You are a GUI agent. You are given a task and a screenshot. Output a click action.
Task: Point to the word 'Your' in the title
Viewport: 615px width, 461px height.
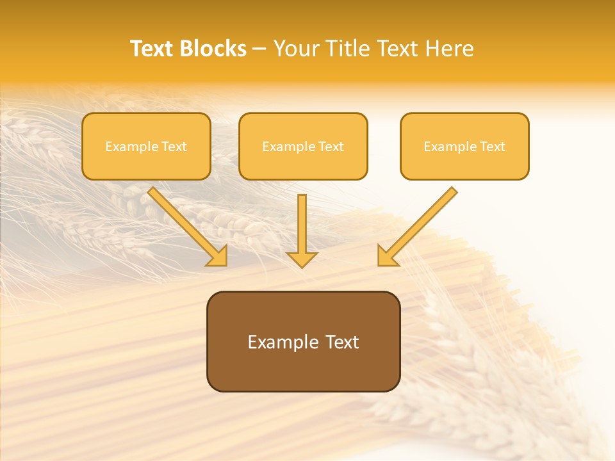(295, 49)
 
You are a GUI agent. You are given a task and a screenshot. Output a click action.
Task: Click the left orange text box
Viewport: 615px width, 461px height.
(146, 146)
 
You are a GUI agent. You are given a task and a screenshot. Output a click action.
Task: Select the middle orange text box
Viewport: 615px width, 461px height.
(303, 146)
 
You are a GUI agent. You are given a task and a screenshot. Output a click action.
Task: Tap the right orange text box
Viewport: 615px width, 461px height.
(464, 146)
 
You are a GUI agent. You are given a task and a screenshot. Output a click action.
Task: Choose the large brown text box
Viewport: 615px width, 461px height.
(303, 341)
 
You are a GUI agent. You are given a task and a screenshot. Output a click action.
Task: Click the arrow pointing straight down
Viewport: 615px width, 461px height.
(302, 230)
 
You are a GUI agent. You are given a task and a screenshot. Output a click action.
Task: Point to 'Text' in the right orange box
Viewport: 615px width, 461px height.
(492, 147)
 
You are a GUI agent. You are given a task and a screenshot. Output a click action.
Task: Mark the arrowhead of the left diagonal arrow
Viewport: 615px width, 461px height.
(218, 256)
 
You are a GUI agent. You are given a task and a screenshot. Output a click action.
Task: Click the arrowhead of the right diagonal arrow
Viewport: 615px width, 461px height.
(387, 256)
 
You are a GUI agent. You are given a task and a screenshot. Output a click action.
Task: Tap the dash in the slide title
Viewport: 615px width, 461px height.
(259, 49)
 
